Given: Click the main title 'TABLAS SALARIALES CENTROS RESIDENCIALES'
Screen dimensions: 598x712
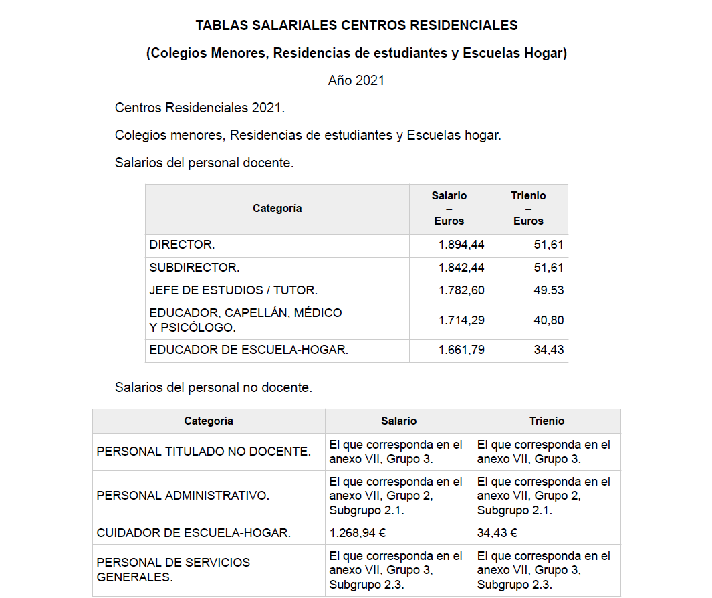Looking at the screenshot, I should [x=356, y=25].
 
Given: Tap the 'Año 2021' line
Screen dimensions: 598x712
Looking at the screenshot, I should [x=356, y=80].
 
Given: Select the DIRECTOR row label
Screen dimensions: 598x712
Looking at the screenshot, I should [x=182, y=245].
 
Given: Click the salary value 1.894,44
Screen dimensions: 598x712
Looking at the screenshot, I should [x=461, y=245].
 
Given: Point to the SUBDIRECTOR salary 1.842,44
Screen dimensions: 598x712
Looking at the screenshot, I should [x=461, y=268].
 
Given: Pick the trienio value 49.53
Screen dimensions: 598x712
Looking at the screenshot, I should [x=548, y=290].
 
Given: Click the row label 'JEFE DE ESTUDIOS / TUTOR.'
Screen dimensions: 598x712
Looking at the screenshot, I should [x=233, y=290].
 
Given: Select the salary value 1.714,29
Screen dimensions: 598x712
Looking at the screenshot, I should [x=461, y=320].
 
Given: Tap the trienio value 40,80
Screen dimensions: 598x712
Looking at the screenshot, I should [x=548, y=320].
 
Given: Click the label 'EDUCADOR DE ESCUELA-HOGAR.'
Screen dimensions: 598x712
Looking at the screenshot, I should [x=249, y=350].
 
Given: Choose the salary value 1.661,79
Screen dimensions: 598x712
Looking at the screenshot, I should [x=461, y=350].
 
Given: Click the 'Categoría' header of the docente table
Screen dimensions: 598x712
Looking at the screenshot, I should [x=277, y=209].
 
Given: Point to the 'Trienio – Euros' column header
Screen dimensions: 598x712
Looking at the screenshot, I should [x=528, y=208].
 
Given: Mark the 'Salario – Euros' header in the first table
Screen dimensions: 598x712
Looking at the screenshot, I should [x=449, y=208].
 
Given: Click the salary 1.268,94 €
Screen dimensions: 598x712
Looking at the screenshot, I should [x=358, y=533].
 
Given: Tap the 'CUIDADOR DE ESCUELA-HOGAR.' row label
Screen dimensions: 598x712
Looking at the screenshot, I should [x=194, y=533].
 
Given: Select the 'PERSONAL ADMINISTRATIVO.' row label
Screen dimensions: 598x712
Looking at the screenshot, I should [x=183, y=496].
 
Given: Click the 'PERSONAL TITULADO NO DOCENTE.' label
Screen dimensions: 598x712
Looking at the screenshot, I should [x=203, y=452].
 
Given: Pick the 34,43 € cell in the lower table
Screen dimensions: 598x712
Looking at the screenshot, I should [x=497, y=533].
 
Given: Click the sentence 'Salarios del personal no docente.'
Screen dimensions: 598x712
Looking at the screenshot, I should [x=213, y=387].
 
